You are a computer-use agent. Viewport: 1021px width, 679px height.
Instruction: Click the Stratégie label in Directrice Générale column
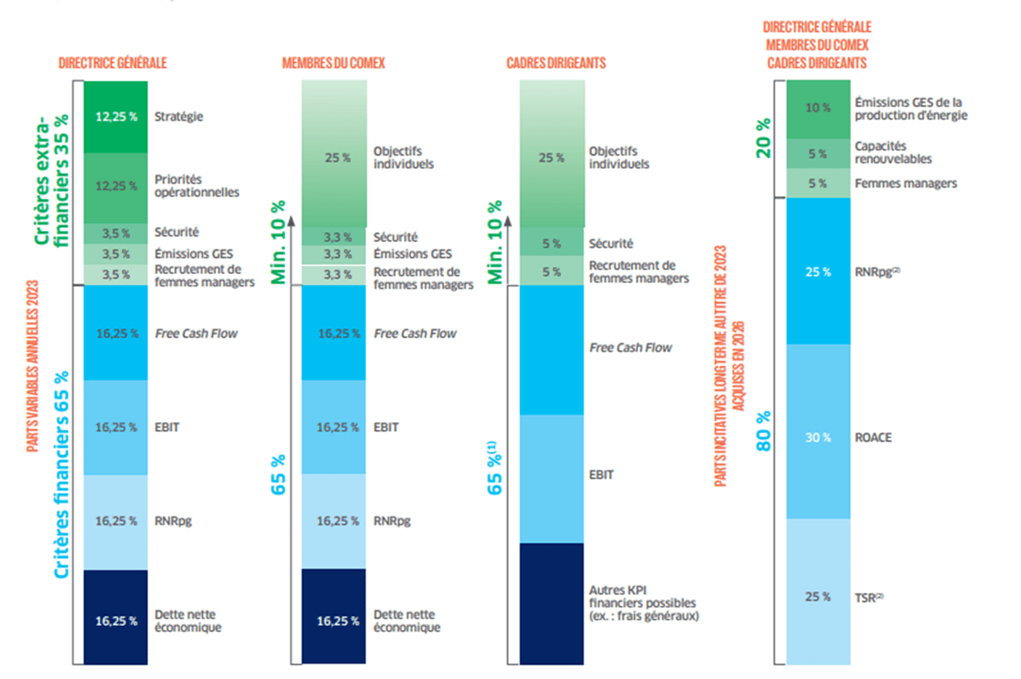pyautogui.click(x=179, y=117)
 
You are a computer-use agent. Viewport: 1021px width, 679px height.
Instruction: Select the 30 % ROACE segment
pyautogui.click(x=818, y=437)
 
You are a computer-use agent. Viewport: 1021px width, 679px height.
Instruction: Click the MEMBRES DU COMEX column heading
pyautogui.click(x=334, y=63)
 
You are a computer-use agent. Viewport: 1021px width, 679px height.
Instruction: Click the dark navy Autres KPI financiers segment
pyautogui.click(x=551, y=602)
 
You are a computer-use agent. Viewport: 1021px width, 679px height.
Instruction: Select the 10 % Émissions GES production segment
pyautogui.click(x=818, y=108)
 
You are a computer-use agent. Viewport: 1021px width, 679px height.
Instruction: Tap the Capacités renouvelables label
pyautogui.click(x=893, y=152)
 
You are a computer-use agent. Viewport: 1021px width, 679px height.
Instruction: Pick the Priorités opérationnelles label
pyautogui.click(x=197, y=185)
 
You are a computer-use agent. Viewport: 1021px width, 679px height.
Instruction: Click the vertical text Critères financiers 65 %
pyautogui.click(x=61, y=474)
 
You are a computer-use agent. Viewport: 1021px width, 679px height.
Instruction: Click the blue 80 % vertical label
pyautogui.click(x=764, y=430)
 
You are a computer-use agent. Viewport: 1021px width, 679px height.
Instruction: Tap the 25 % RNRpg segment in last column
pyautogui.click(x=818, y=272)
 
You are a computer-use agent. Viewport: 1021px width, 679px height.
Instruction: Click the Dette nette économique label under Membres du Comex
pyautogui.click(x=407, y=620)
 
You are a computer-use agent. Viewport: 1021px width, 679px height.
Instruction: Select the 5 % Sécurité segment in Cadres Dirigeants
pyautogui.click(x=551, y=243)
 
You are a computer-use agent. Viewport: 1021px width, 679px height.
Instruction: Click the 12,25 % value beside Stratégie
pyautogui.click(x=116, y=117)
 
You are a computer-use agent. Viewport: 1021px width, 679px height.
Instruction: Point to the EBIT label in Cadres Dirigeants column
pyautogui.click(x=601, y=475)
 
